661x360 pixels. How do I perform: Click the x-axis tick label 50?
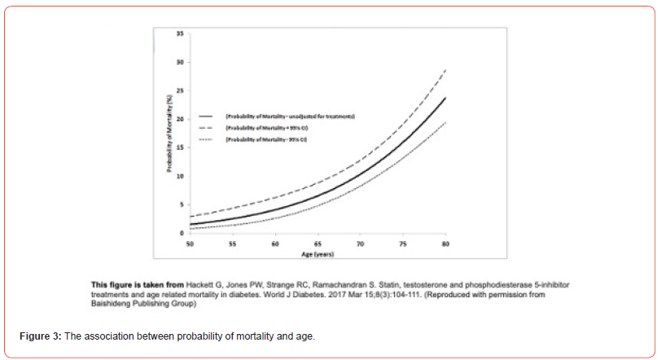[190, 243]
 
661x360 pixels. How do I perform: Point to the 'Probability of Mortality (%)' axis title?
[168, 134]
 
